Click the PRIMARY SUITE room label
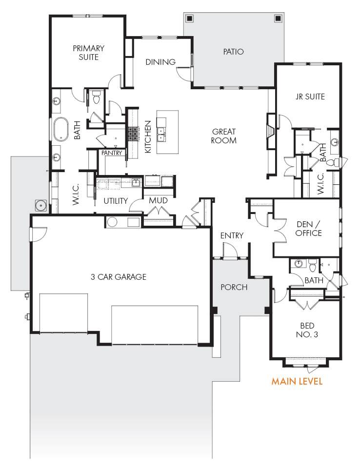[88, 53]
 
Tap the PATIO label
[233, 52]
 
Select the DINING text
[160, 62]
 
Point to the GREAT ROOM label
[224, 136]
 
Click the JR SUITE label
[310, 97]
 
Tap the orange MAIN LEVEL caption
[297, 381]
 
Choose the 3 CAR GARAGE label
[119, 277]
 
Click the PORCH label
[234, 287]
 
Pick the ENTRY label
[232, 235]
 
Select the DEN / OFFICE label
[308, 229]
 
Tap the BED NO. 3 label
[307, 330]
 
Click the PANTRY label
[112, 153]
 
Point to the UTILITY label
[116, 201]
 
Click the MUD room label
[158, 201]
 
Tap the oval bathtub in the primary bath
[61, 129]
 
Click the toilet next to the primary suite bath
[96, 97]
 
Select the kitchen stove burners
[133, 134]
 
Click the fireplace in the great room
[271, 131]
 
